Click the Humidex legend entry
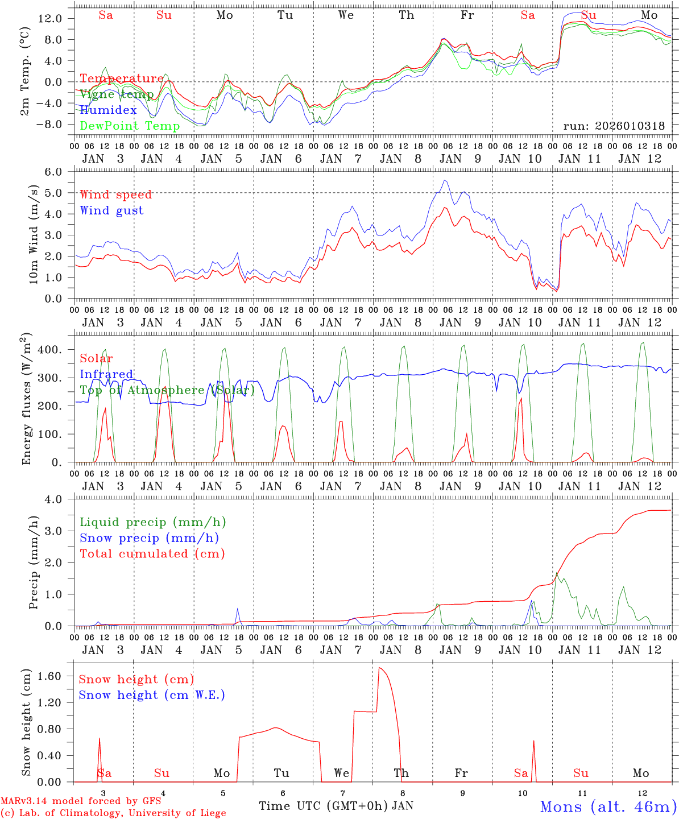pos(109,110)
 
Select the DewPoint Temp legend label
pos(130,126)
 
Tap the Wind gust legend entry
pos(111,210)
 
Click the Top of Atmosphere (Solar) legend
pos(167,390)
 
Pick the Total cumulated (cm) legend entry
pos(152,553)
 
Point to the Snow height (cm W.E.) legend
pos(152,695)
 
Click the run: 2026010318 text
pos(614,126)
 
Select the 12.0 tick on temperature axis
pos(50,18)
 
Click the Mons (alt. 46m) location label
pos(608,806)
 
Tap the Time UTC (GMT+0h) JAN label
pos(336,805)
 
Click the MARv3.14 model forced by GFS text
pos(81,801)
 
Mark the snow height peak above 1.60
pos(379,668)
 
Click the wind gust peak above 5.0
pos(445,181)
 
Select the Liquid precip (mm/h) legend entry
pos(153,522)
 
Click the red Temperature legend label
pos(121,78)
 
